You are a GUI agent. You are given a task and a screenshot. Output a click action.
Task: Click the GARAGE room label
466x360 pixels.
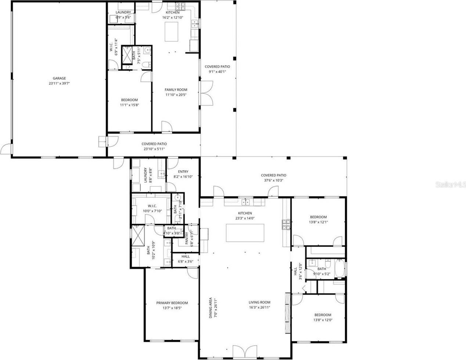(x=59, y=78)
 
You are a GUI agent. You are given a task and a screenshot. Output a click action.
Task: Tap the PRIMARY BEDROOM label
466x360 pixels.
(x=172, y=303)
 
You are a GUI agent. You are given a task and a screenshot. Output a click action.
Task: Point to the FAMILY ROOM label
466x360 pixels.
(x=176, y=90)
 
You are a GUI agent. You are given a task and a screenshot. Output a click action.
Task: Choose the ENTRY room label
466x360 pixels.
(x=183, y=171)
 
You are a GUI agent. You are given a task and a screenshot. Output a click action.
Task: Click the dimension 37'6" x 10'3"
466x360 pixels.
(x=274, y=180)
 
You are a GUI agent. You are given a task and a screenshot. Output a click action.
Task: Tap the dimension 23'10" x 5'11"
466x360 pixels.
(x=154, y=149)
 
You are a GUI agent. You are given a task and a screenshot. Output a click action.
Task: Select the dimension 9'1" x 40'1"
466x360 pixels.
(x=217, y=72)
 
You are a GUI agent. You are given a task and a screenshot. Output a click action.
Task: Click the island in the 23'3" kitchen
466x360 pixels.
(x=245, y=233)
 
